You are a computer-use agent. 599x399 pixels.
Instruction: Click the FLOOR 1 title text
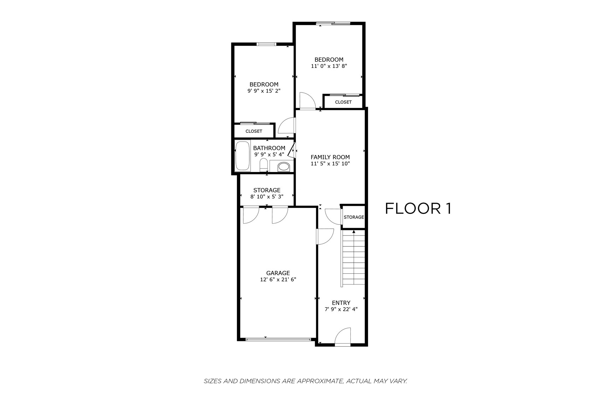pos(418,209)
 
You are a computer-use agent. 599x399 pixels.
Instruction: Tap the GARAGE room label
pos(278,273)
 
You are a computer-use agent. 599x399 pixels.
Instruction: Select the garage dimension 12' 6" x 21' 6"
pos(278,280)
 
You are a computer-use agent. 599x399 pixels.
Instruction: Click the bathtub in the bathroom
pos(243,156)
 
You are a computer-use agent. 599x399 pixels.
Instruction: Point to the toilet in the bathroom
pos(263,165)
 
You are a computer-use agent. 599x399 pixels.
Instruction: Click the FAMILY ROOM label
pos(330,157)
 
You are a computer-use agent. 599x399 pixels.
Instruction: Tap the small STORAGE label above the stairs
pos(354,217)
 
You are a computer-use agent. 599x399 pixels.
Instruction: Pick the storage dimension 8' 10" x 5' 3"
pos(267,197)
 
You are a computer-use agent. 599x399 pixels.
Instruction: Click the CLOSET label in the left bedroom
pos(254,131)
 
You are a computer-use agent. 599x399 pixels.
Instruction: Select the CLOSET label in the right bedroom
pos(343,102)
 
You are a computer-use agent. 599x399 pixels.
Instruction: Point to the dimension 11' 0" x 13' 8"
pos(329,66)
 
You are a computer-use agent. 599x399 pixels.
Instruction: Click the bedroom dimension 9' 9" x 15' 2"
pos(264,91)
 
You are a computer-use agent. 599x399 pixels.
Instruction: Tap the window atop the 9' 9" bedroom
pos(266,44)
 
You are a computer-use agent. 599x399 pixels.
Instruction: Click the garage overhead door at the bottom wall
pos(278,339)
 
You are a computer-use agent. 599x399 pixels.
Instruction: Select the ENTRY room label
pos(341,303)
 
